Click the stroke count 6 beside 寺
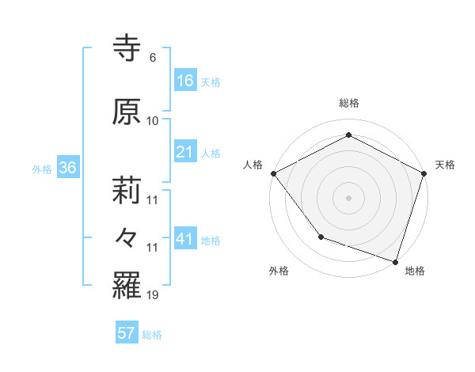pos(152,58)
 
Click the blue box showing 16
pos(184,81)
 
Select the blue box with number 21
pos(184,152)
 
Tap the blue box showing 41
pos(184,239)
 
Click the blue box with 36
pos(67,168)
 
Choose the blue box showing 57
pos(127,333)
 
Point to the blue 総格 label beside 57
pos(152,335)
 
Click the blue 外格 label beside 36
pos(42,169)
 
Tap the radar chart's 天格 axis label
pos(445,165)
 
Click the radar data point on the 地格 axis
pos(395,260)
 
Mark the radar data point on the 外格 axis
pos(321,236)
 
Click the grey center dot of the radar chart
pos(348,197)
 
